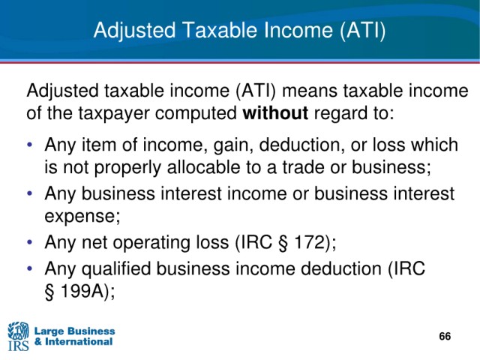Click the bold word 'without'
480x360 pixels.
[275, 113]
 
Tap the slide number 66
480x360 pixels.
[445, 336]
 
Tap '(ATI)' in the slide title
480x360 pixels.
[363, 31]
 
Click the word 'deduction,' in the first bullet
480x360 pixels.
[300, 145]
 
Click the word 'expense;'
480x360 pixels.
[82, 217]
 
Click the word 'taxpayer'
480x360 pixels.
[114, 113]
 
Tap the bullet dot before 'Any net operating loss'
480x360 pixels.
[29, 242]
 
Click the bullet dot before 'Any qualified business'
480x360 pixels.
[29, 268]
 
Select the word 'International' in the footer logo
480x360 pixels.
[78, 342]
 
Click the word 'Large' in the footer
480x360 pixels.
[49, 331]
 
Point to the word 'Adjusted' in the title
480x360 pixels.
[135, 31]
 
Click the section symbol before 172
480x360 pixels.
[283, 242]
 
